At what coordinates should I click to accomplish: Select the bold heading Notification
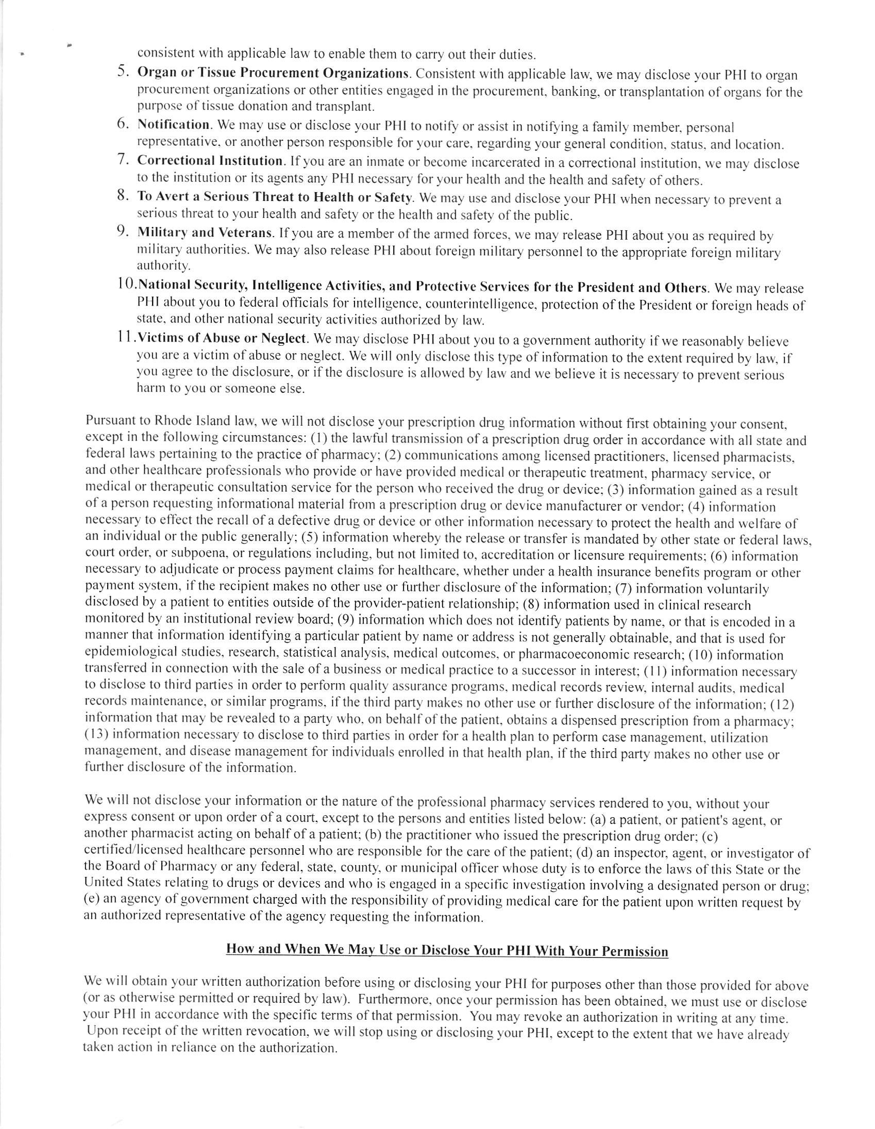tap(173, 125)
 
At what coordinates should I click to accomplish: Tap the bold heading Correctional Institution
tap(209, 161)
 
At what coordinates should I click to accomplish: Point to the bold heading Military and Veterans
tap(205, 232)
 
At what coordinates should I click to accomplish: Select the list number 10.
tap(126, 285)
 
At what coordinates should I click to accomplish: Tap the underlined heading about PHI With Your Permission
tap(447, 950)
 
